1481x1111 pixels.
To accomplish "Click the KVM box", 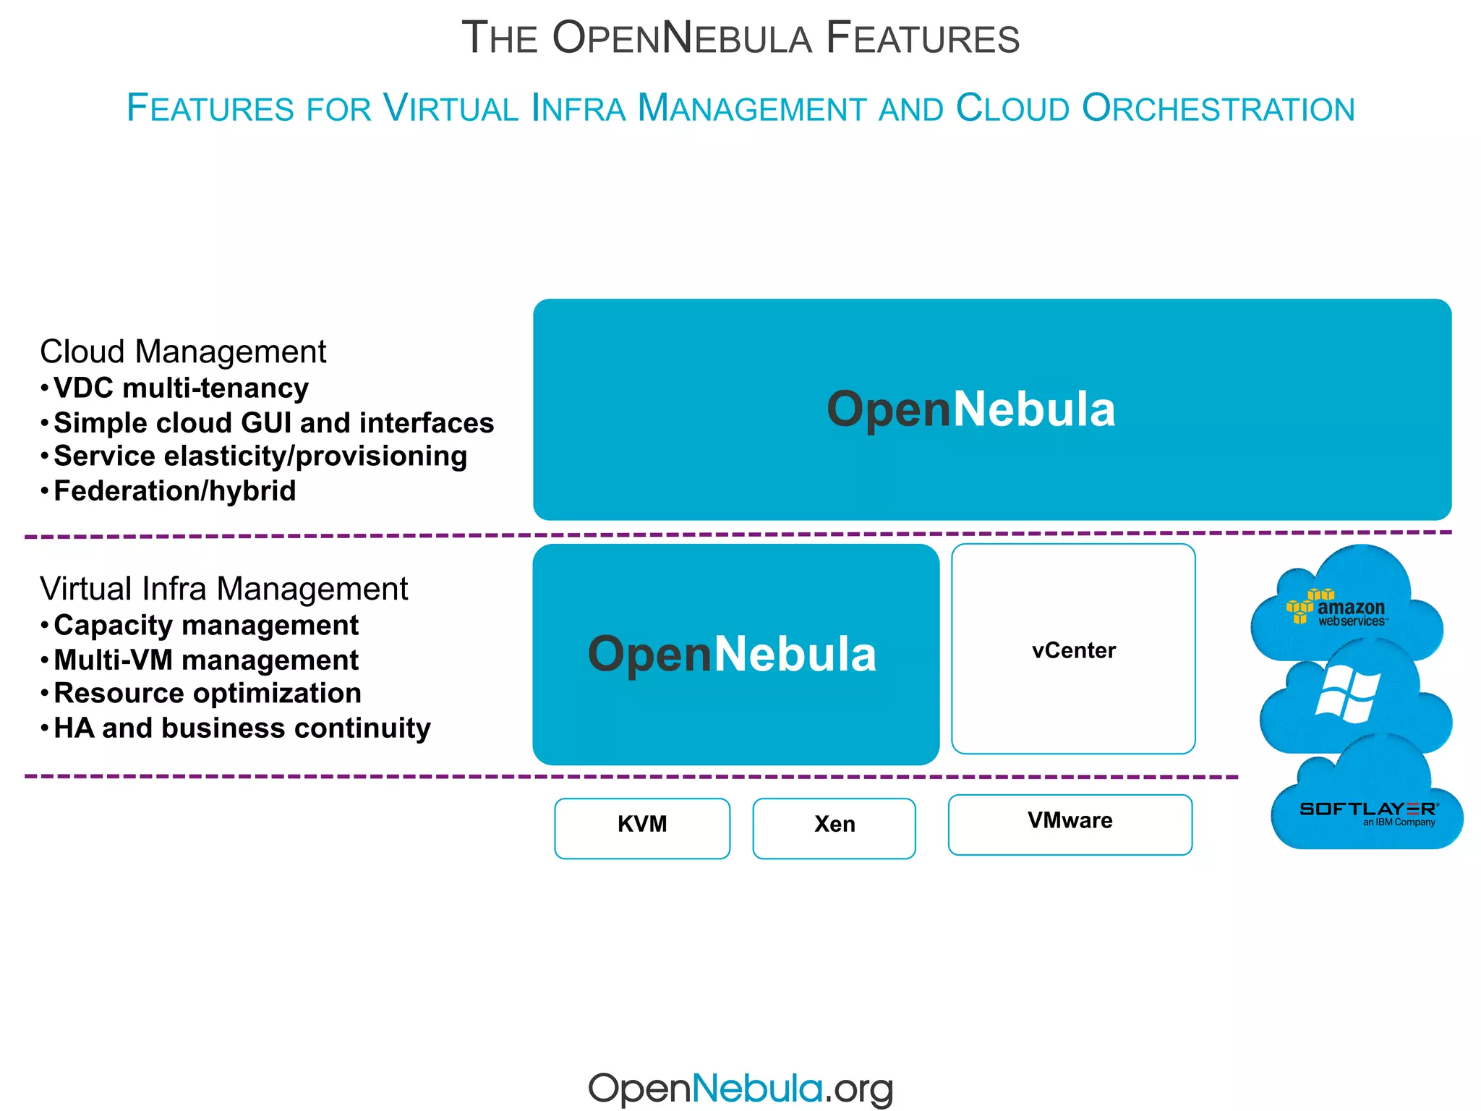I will coord(642,827).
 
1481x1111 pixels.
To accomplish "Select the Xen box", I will coord(834,827).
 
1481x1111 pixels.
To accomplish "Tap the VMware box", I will coord(1070,824).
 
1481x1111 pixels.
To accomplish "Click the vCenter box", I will coord(1073,649).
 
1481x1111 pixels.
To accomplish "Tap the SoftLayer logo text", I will coord(1368,809).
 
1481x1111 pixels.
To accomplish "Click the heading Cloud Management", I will coord(183,352).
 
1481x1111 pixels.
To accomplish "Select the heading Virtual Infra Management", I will coord(223,589).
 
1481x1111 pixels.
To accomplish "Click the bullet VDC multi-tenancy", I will coord(181,388).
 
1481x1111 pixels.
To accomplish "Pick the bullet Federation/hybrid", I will coord(174,491).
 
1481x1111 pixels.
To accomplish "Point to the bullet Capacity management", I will coord(206,626).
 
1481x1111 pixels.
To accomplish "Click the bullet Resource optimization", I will coord(208,694).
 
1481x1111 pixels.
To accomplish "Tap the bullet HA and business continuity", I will coord(242,728).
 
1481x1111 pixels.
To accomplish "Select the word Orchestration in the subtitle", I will coord(1218,108).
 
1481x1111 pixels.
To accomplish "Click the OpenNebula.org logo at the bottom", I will coord(740,1088).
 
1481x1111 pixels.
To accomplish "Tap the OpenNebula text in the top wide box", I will coord(970,409).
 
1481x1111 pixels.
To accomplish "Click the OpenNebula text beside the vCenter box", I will coord(732,654).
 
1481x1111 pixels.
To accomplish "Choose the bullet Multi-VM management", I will coord(206,660).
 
